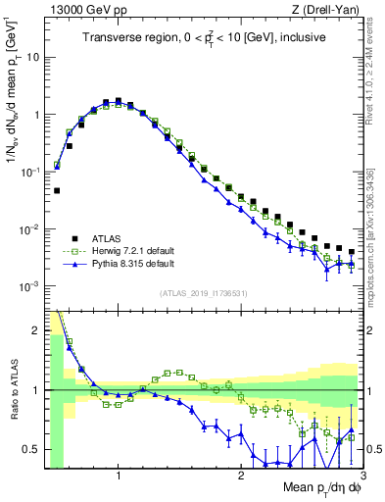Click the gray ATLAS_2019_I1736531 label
(x=204, y=293)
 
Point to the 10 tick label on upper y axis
(x=31, y=57)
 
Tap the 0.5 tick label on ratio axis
(x=30, y=449)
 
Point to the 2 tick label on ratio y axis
(x=35, y=330)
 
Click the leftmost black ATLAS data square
(x=57, y=191)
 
